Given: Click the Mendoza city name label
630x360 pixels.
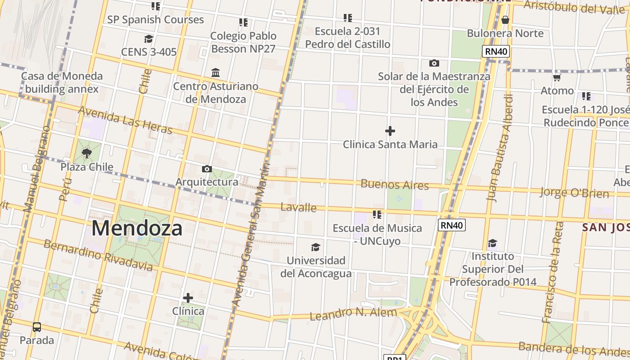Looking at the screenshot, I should tap(137, 228).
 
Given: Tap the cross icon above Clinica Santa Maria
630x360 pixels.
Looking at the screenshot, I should tap(390, 131).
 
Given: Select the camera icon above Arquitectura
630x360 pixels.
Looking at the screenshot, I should tap(207, 169).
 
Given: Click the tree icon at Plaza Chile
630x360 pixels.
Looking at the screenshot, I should tap(87, 154).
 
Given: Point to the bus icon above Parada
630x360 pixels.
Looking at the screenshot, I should tap(37, 327).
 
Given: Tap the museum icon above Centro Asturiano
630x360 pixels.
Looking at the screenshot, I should tap(216, 72).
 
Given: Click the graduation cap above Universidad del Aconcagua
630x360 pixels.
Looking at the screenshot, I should tap(316, 247).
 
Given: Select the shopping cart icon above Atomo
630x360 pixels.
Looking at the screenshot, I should tap(557, 78).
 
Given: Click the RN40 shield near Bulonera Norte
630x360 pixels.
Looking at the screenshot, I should tap(496, 51).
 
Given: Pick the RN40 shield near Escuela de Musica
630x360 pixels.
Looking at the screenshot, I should tap(452, 225).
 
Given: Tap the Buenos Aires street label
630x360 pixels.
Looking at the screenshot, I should tap(394, 184).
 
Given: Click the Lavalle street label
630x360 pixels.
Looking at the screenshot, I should tap(298, 207).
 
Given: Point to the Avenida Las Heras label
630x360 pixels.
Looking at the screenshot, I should tap(126, 120).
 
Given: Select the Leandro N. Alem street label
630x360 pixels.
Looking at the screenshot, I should tap(353, 313).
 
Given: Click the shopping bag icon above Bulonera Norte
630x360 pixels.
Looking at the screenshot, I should tap(505, 20).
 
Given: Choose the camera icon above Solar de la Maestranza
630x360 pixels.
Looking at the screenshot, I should tap(434, 63).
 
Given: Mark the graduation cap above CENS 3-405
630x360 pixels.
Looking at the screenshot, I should tap(148, 39).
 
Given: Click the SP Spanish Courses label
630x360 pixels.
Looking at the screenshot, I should tap(155, 20).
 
